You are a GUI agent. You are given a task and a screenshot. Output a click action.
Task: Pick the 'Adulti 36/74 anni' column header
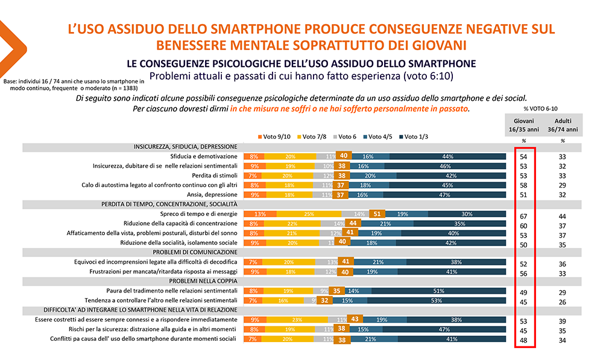pyautogui.click(x=562, y=124)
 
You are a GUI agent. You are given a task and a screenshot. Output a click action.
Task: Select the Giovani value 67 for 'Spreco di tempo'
pyautogui.click(x=523, y=216)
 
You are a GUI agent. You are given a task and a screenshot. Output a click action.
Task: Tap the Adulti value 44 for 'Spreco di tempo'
pyautogui.click(x=562, y=216)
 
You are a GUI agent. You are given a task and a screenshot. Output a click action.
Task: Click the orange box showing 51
pyautogui.click(x=377, y=214)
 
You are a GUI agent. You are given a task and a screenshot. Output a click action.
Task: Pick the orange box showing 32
pyautogui.click(x=342, y=300)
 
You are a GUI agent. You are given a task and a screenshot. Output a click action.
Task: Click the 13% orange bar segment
pyautogui.click(x=260, y=214)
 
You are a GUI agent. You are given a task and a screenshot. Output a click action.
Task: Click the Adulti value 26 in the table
pyautogui.click(x=562, y=302)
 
